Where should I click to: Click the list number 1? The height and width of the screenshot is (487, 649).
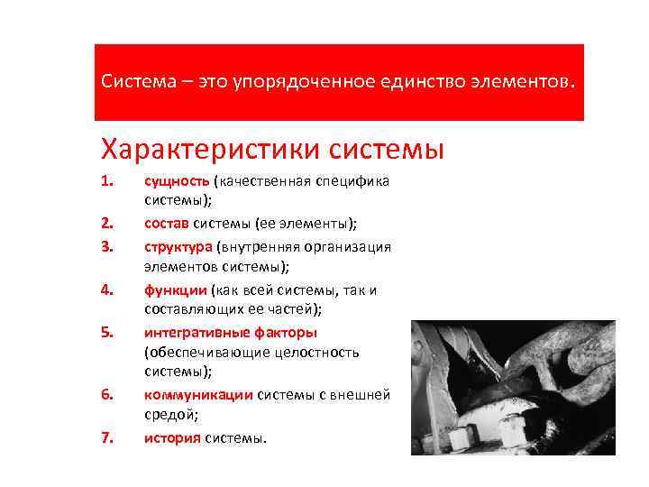106,181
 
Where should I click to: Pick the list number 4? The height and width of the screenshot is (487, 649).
106,290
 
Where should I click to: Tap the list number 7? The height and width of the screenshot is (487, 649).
106,438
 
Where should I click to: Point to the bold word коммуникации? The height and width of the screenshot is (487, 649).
198,394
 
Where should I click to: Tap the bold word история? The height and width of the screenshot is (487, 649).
172,438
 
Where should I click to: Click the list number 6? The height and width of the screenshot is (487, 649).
106,394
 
